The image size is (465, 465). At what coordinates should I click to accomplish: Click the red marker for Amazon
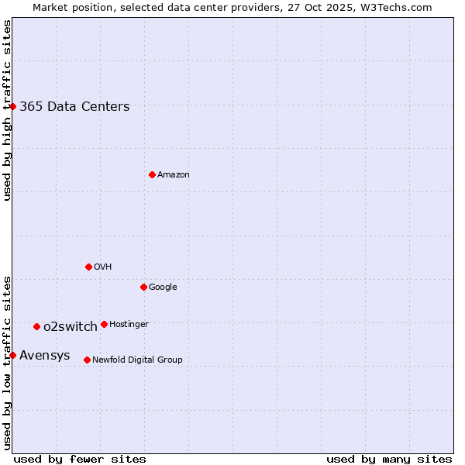pos(152,174)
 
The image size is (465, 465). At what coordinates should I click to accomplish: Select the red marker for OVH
pos(88,267)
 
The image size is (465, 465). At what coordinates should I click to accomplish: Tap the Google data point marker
pos(143,287)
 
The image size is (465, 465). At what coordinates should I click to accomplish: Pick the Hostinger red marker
pos(104,324)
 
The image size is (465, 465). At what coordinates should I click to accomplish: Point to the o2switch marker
pos(36,326)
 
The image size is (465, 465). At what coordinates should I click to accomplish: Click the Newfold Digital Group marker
pos(87,360)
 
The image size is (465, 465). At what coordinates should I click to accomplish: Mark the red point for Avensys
pos(12,355)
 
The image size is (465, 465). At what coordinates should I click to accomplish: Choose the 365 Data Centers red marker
pos(12,106)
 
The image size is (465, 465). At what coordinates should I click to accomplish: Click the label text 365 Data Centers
pos(74,106)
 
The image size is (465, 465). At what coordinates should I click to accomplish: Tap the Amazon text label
pos(174,175)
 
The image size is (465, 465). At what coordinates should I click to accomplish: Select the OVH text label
pos(103,267)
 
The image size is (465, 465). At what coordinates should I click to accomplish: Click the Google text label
pos(163,287)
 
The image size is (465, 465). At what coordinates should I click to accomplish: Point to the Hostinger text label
pos(129,324)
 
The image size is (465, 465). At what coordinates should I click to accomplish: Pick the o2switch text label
pos(71,326)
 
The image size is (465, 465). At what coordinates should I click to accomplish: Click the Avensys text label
pos(45,356)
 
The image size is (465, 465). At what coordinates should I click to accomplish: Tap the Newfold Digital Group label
pos(137,360)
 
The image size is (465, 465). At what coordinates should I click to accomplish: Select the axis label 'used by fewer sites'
pos(80,459)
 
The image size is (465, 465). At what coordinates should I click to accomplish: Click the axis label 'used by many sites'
pos(389,459)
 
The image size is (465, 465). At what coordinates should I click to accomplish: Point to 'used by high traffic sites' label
pos(7,110)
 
